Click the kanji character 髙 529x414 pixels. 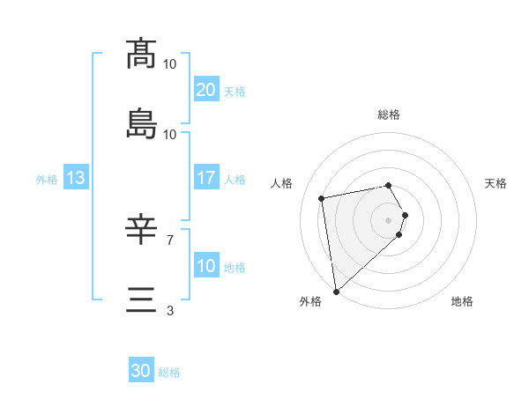click(141, 54)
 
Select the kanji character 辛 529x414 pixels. click(141, 231)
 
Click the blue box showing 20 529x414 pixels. click(205, 90)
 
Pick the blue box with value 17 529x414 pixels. click(205, 178)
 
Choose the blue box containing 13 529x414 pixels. click(76, 178)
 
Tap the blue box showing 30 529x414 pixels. click(141, 371)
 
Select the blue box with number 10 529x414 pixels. click(205, 266)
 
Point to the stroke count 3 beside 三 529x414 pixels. click(170, 310)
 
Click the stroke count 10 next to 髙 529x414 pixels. click(170, 63)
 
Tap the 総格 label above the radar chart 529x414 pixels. click(389, 115)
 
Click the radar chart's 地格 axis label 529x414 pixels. click(462, 302)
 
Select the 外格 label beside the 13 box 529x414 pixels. click(47, 179)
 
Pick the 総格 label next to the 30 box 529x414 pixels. click(169, 373)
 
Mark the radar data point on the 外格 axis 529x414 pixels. click(336, 291)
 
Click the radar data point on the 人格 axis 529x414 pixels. click(322, 197)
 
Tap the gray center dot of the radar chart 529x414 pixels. click(389, 219)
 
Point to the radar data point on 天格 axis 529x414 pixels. click(405, 215)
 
